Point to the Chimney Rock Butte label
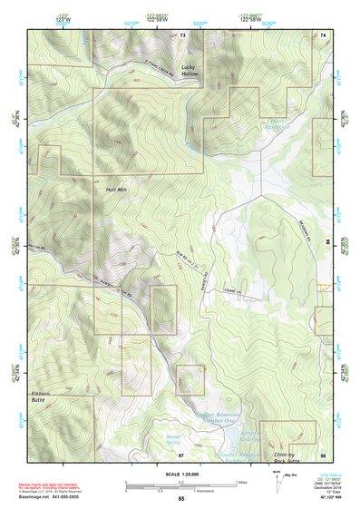pos(290,434)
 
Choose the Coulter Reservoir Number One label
pos(216,417)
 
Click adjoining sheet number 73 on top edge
pos(182,35)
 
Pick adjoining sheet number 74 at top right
pos(323,35)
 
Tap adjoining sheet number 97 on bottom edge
pos(180,453)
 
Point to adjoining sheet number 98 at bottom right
pos(322,453)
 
